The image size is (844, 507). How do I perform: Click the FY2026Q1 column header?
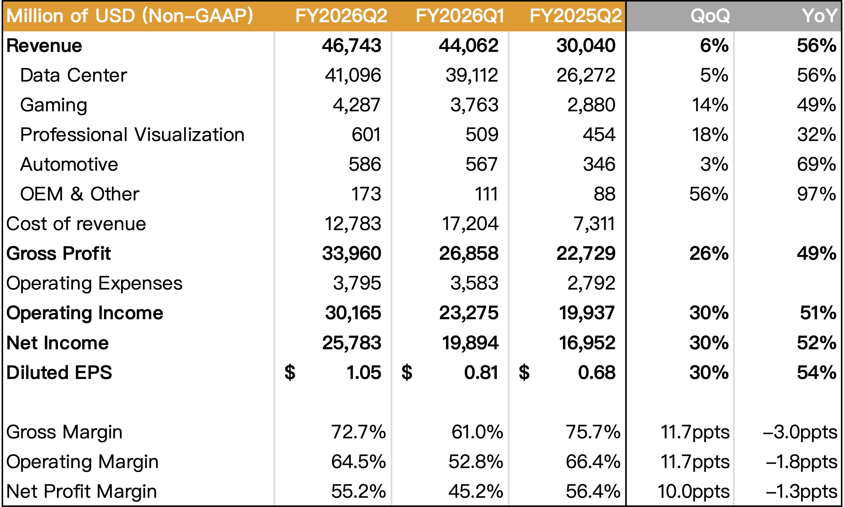460,16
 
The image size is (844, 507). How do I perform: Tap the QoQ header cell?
710,16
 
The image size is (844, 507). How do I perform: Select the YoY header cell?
819,16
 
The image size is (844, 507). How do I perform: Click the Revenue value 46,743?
351,45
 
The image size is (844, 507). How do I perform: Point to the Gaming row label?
54,105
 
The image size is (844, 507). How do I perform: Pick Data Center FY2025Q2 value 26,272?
586,75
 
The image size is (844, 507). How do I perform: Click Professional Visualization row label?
132,135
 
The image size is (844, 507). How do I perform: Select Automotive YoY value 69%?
816,164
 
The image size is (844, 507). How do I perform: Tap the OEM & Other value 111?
486,194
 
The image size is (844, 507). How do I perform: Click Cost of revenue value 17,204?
470,224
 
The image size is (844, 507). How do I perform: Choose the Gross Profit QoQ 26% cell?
709,253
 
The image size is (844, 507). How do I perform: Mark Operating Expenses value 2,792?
591,283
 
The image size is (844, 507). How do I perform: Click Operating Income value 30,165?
353,313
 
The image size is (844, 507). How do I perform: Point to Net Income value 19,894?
470,343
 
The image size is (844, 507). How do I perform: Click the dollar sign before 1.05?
290,372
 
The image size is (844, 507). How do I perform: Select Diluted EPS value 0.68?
596,372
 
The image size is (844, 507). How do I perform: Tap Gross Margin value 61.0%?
477,432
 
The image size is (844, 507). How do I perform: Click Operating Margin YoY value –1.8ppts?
801,462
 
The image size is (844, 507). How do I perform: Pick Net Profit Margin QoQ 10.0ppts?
693,491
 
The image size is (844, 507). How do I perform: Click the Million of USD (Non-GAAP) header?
130,16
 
